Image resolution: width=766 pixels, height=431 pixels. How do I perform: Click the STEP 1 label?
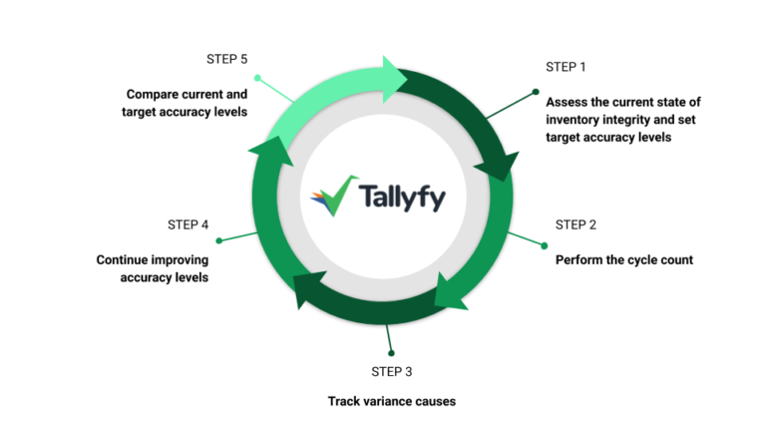click(x=567, y=67)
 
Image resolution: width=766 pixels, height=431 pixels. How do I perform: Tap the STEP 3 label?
click(x=392, y=371)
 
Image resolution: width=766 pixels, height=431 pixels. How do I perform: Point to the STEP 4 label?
click(x=188, y=224)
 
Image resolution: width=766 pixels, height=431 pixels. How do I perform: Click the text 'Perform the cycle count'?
click(x=623, y=259)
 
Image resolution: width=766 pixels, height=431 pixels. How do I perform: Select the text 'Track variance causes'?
click(x=392, y=401)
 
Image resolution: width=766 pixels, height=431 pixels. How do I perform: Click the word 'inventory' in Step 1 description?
click(x=575, y=120)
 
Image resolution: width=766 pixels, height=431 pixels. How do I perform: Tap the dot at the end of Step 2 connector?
click(x=546, y=244)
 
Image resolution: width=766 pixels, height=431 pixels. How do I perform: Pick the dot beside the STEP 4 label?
click(x=218, y=240)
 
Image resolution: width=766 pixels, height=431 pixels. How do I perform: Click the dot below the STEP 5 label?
click(x=257, y=77)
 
